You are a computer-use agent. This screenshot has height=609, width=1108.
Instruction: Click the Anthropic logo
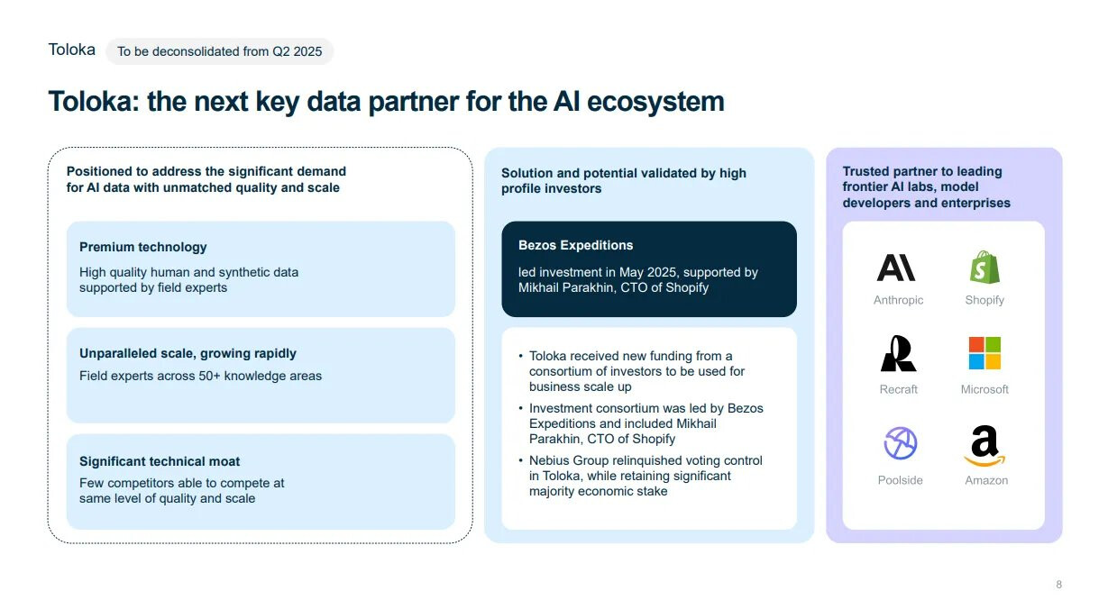point(897,268)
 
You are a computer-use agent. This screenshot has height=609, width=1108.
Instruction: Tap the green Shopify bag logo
point(984,268)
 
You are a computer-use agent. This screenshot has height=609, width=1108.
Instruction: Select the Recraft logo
point(898,354)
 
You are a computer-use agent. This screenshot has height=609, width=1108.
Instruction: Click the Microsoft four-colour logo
point(984,353)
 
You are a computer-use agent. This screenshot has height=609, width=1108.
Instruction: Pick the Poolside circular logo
point(900,444)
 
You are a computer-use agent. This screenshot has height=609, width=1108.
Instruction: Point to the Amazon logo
point(984,446)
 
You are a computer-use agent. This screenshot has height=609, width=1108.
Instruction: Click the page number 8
point(1058,585)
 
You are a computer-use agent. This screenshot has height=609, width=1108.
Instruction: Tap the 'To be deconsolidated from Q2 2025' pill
point(219,51)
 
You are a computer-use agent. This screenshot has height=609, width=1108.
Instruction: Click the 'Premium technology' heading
point(143,247)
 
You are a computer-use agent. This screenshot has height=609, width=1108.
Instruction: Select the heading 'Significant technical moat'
point(160,461)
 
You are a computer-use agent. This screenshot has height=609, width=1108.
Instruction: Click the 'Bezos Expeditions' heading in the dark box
point(575,245)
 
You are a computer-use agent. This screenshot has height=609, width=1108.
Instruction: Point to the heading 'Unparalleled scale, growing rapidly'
point(188,353)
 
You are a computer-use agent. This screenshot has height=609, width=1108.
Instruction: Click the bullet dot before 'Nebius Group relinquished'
point(520,461)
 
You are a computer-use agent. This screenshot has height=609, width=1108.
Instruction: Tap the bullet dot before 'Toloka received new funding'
point(520,357)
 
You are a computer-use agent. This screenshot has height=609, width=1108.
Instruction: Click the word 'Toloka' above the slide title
point(72,50)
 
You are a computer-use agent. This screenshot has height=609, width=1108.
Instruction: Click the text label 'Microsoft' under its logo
point(984,389)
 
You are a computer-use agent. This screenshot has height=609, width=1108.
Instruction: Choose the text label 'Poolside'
point(900,480)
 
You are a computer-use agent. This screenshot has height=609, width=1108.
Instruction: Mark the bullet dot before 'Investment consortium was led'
point(520,409)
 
